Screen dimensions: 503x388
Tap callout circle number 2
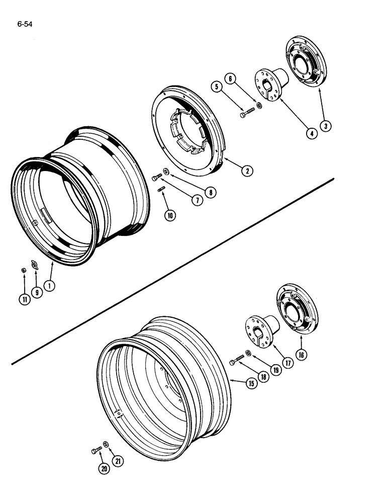(246, 171)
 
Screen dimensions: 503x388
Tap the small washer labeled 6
(259, 105)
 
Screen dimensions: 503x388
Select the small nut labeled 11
(24, 271)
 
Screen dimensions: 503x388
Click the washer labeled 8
(166, 176)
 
